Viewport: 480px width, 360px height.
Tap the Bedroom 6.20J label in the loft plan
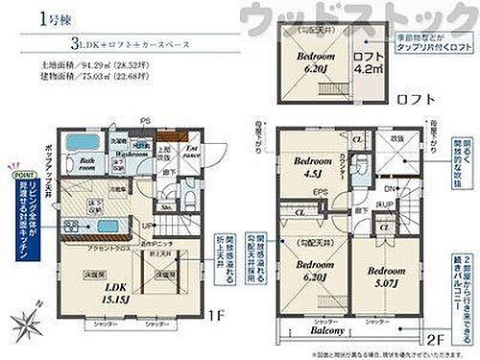311,62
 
